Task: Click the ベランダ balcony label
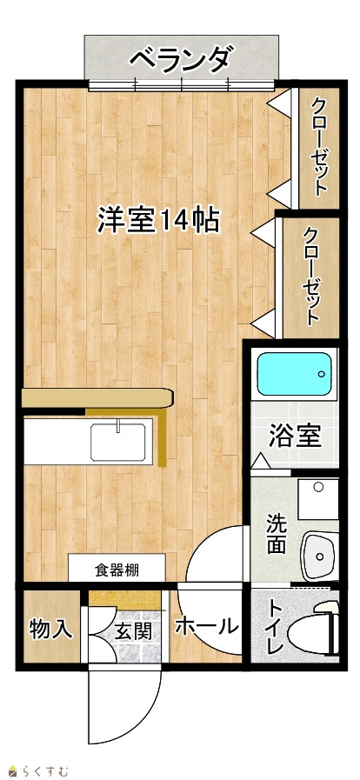tap(180, 59)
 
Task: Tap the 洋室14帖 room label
tap(158, 220)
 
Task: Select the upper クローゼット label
tap(320, 147)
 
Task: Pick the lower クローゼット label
tap(311, 276)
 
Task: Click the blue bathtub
tap(295, 374)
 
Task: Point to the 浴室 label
tap(295, 437)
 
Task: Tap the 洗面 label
tap(276, 533)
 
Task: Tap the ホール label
tap(206, 626)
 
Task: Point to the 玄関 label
tap(133, 631)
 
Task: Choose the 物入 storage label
tap(51, 630)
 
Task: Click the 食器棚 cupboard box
tap(117, 568)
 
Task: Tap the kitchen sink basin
tap(118, 441)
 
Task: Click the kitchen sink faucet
tap(119, 426)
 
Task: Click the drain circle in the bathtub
tap(321, 374)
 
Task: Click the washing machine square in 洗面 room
tap(318, 499)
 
